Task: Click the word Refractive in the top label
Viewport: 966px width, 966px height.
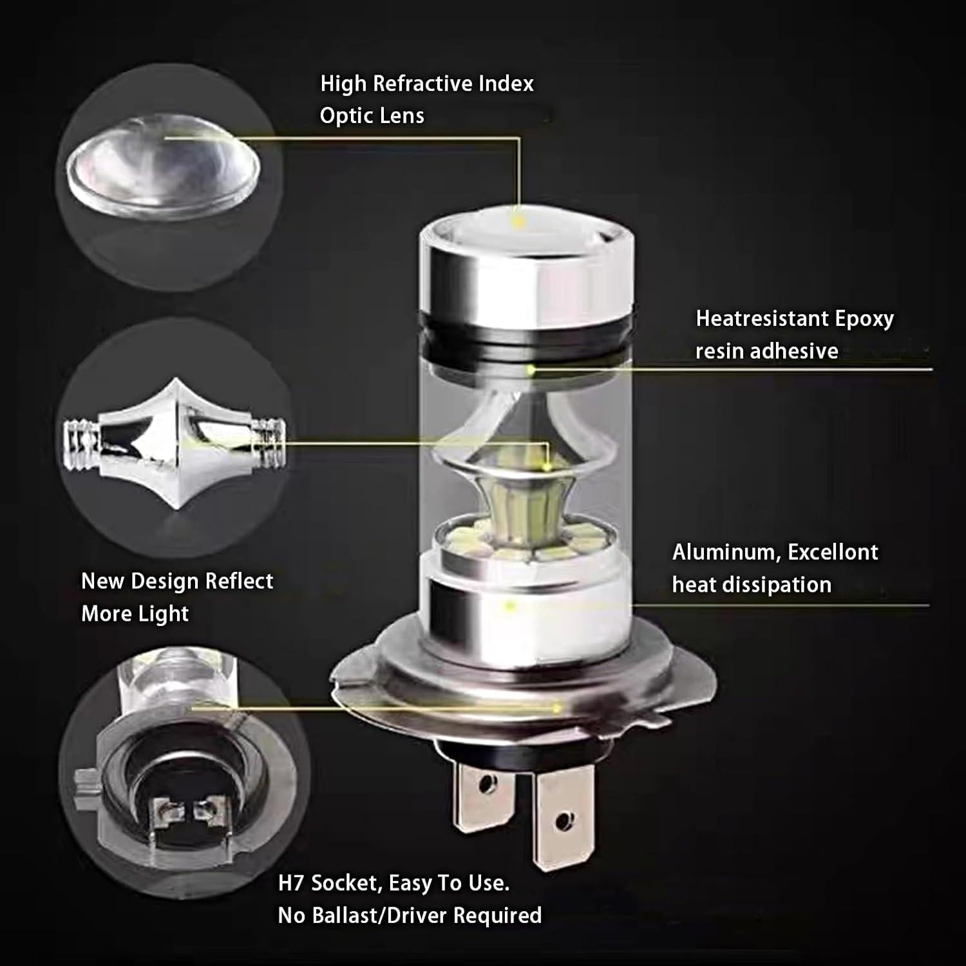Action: click(x=422, y=84)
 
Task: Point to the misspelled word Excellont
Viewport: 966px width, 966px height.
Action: click(x=833, y=553)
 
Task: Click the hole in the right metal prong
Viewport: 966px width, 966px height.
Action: click(x=565, y=820)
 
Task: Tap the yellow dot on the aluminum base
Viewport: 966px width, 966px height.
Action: click(x=510, y=605)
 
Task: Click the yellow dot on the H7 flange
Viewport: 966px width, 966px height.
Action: click(x=555, y=708)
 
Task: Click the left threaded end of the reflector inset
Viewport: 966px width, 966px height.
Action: click(x=80, y=444)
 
